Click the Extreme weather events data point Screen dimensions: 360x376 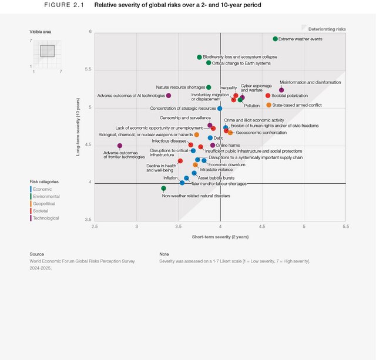click(x=275, y=39)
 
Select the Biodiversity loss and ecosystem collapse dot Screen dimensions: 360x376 click(x=199, y=57)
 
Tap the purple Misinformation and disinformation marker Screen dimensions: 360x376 click(x=281, y=90)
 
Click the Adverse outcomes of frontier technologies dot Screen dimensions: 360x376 click(x=120, y=146)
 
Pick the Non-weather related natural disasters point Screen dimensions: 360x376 click(x=163, y=189)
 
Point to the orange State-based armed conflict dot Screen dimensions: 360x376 click(x=268, y=105)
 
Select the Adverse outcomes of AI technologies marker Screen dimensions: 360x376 click(x=169, y=95)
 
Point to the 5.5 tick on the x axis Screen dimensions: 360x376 click(x=345, y=226)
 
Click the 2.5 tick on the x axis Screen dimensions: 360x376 click(x=95, y=226)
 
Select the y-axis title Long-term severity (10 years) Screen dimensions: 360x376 click(x=78, y=126)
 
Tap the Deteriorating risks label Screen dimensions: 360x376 click(x=327, y=28)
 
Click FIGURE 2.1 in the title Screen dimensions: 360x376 click(x=64, y=5)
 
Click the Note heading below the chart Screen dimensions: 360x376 click(x=164, y=254)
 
